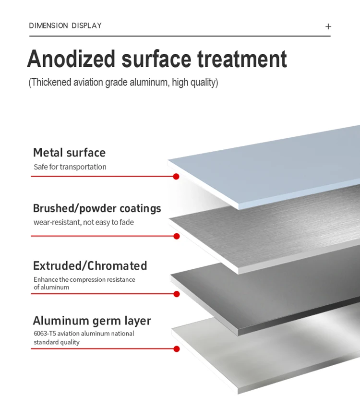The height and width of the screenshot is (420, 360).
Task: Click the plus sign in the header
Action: [x=328, y=26]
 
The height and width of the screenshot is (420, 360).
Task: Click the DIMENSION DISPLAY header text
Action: [x=65, y=25]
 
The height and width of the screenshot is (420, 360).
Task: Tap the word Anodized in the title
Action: [x=72, y=60]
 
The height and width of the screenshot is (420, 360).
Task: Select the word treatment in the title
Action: [x=242, y=60]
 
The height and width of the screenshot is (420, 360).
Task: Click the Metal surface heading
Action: [x=69, y=153]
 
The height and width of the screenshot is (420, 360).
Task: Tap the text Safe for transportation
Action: [x=70, y=167]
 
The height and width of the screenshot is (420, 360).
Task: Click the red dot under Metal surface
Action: [x=176, y=176]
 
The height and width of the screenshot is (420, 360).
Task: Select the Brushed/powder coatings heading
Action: [x=97, y=208]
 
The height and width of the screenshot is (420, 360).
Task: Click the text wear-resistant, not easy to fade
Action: [x=84, y=222]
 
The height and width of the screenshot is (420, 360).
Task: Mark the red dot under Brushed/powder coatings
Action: [x=176, y=236]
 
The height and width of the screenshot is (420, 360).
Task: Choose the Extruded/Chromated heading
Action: [x=90, y=265]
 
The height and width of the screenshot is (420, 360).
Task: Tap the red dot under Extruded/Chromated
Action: [x=176, y=294]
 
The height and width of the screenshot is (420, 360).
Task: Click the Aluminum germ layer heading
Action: [x=92, y=321]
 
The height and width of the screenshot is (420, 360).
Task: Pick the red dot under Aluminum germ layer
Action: [x=176, y=349]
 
